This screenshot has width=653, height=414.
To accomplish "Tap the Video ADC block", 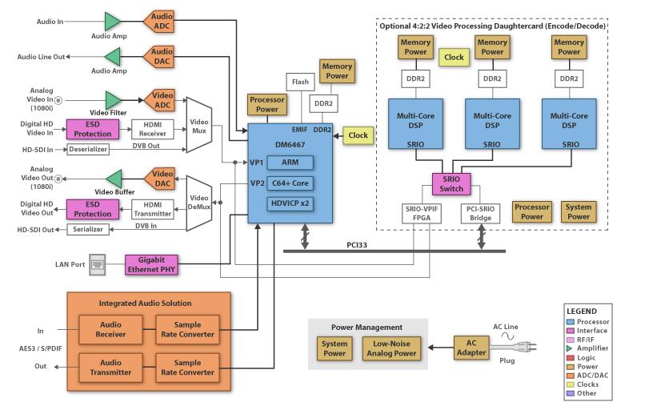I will click(162, 100).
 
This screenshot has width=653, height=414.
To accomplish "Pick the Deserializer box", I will click(88, 148).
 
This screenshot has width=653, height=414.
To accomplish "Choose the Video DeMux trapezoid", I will click(198, 203).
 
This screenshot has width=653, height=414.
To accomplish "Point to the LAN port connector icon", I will click(97, 263).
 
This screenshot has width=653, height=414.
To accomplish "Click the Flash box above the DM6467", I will click(300, 82).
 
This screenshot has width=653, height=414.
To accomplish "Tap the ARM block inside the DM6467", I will click(290, 163).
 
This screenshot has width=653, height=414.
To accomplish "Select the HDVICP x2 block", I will click(290, 203).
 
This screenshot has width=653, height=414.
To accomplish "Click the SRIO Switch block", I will click(452, 183).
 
